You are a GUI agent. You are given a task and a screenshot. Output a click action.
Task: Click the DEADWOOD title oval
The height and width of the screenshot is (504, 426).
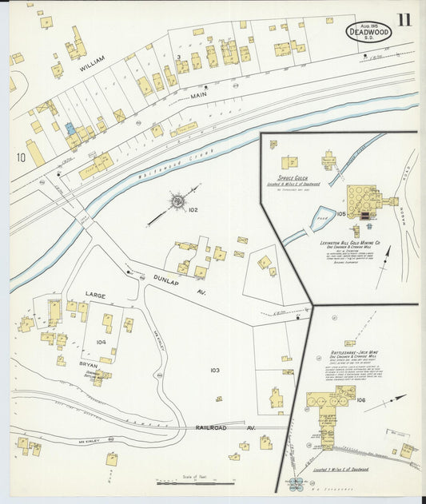pyautogui.click(x=368, y=32)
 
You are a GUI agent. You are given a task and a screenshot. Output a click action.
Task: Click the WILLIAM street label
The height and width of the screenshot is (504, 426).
pyautogui.click(x=93, y=69)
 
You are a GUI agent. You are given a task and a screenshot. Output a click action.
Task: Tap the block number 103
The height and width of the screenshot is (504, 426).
pyautogui.click(x=214, y=371)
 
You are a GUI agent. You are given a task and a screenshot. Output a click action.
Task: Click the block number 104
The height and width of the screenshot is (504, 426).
pyautogui.click(x=101, y=341)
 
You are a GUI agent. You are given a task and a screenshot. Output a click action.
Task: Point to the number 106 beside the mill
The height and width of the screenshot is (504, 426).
pyautogui.click(x=361, y=400)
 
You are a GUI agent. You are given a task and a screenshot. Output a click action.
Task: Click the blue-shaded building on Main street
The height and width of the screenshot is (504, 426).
pyautogui.click(x=70, y=128)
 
